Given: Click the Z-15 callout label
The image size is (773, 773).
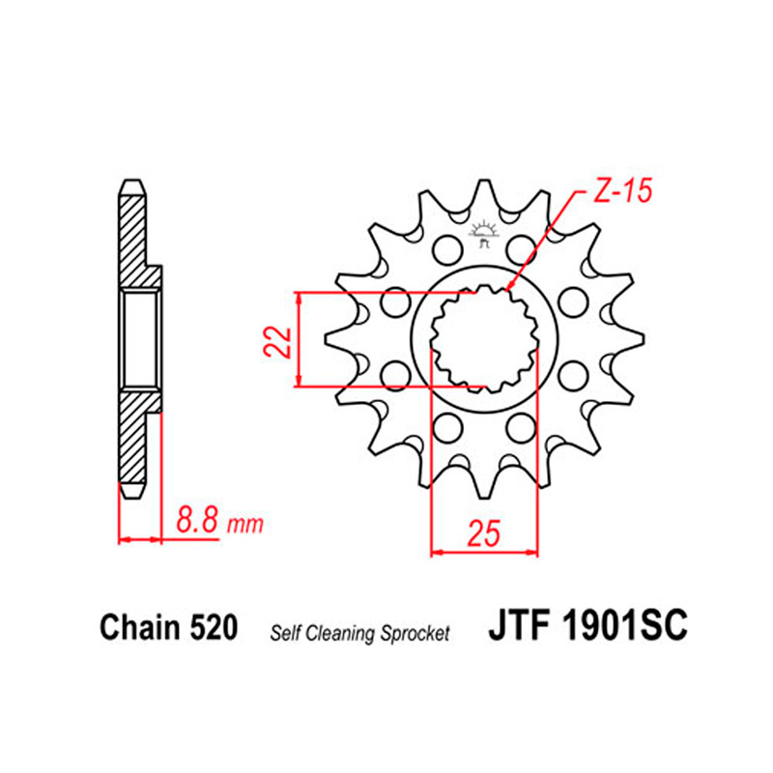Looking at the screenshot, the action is coord(622,190).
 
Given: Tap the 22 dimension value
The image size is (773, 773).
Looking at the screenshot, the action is coord(277,340).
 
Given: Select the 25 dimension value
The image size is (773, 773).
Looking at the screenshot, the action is coord(484,533).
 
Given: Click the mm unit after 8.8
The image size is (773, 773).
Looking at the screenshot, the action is coord(245,526).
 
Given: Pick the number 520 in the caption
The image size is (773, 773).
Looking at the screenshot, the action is coord(213,627).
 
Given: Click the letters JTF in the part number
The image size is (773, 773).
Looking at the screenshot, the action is coord(519,624).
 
